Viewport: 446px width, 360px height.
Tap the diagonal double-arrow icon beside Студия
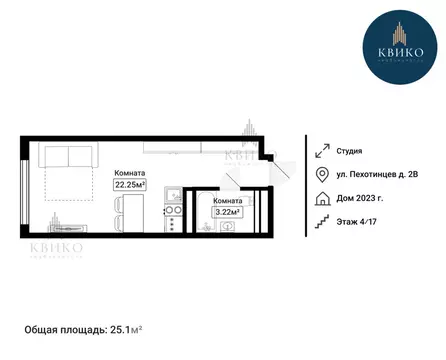click(x=322, y=151)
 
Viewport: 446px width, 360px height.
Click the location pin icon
click(x=322, y=174)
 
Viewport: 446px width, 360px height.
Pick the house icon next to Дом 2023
click(x=322, y=197)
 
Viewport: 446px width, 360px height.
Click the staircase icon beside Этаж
click(x=322, y=220)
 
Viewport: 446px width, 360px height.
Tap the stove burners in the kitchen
click(x=173, y=212)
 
